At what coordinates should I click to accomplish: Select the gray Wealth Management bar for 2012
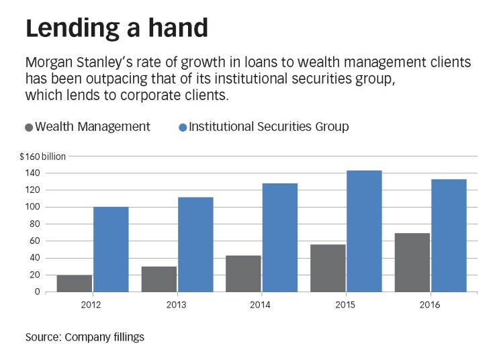coord(75,283)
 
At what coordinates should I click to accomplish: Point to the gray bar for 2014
coord(243,273)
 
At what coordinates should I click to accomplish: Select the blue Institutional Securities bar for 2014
coord(279,237)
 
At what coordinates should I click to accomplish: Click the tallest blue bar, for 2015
coord(364,231)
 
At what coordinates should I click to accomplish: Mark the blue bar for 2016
coord(449,235)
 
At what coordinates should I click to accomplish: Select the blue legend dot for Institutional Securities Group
coord(183,127)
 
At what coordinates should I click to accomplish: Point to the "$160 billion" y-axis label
coord(43,156)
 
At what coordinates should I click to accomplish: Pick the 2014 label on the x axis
coord(261,305)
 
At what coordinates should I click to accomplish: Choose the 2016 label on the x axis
coord(431,305)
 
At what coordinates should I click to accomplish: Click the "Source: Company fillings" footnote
coord(85,337)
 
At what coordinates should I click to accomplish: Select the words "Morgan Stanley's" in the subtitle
coord(71,63)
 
